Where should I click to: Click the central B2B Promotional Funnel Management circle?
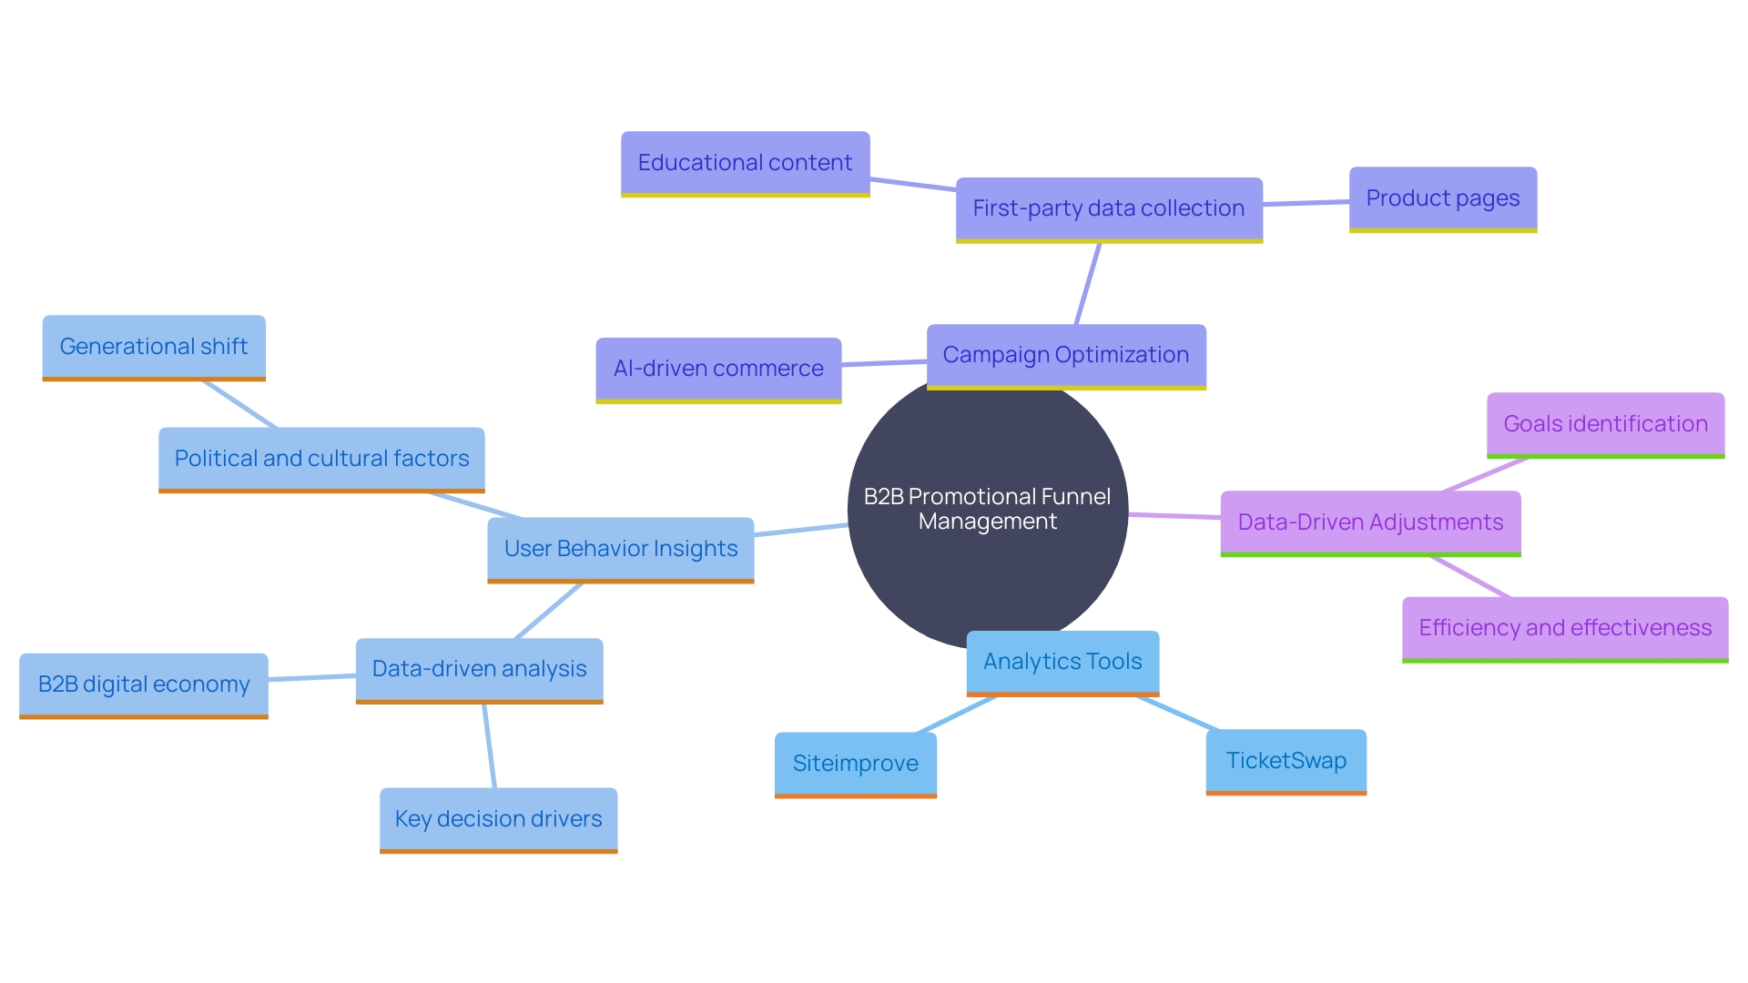(x=987, y=510)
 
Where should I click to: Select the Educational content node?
(x=745, y=163)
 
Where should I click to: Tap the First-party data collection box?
(x=1108, y=208)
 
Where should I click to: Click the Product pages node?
(x=1442, y=198)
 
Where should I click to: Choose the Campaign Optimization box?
(x=1065, y=355)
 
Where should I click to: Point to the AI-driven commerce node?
(x=717, y=369)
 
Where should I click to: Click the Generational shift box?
(x=153, y=347)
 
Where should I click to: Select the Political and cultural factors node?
(x=320, y=459)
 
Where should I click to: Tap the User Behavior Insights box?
(x=620, y=549)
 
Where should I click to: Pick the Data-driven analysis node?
(x=479, y=669)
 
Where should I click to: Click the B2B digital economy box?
(x=143, y=684)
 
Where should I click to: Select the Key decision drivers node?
(x=498, y=819)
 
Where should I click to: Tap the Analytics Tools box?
(x=1062, y=662)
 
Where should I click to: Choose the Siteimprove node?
(x=855, y=764)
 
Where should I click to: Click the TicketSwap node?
(x=1286, y=761)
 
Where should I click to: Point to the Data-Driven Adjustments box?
(x=1369, y=522)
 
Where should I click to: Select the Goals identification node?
(x=1604, y=424)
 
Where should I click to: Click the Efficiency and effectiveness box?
(x=1564, y=628)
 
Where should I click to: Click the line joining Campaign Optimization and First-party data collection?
(x=1088, y=284)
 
